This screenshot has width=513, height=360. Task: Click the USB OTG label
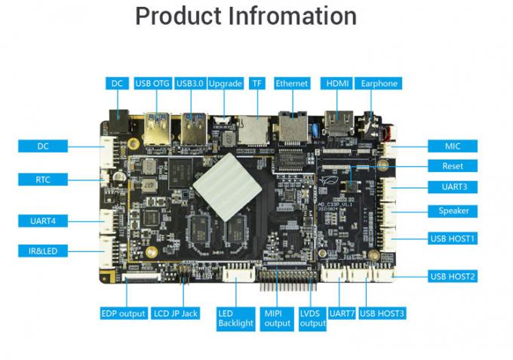tap(152, 84)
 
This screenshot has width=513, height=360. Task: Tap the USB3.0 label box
tap(189, 84)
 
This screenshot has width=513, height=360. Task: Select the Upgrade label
tap(225, 84)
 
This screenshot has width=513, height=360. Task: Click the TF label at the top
tap(257, 84)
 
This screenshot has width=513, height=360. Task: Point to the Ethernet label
tap(292, 84)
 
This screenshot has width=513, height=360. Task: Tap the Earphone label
tap(379, 84)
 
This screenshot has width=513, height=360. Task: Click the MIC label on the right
tap(452, 146)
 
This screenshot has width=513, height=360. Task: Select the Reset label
tap(452, 166)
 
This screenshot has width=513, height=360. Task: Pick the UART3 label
tap(452, 187)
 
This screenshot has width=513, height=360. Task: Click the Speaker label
tap(453, 211)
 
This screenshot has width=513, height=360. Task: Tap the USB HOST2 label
tap(453, 276)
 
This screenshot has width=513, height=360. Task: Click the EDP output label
tap(123, 313)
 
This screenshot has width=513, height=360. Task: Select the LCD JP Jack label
tap(175, 313)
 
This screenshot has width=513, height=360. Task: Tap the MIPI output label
tap(277, 318)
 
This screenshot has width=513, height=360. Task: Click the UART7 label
tap(342, 313)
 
